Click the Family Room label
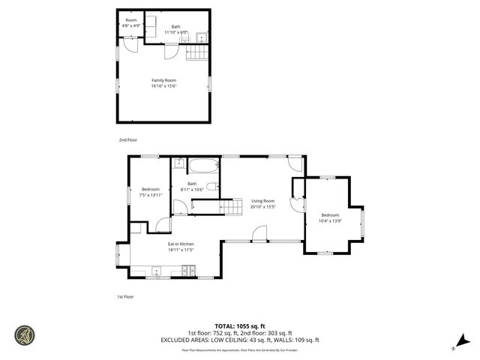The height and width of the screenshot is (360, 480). (163, 83)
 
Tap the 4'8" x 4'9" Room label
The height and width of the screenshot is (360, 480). (131, 23)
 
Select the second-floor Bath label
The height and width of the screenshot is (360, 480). (175, 29)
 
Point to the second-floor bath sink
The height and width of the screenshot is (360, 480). (201, 37)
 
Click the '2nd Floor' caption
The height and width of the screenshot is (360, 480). (127, 140)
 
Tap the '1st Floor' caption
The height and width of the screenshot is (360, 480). (125, 297)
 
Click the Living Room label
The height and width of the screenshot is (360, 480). (262, 204)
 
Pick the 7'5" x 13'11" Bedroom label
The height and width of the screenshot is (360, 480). (151, 192)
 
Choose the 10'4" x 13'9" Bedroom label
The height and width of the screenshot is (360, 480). (330, 218)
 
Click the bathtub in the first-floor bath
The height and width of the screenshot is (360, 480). (202, 166)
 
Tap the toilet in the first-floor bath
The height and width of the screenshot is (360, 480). (211, 186)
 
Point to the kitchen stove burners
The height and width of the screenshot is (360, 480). (190, 271)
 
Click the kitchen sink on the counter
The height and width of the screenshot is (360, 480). (157, 271)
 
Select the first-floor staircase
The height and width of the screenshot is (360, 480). (229, 207)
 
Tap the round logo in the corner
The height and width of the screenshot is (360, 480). (23, 335)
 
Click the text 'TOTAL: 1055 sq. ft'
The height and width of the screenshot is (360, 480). (240, 325)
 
